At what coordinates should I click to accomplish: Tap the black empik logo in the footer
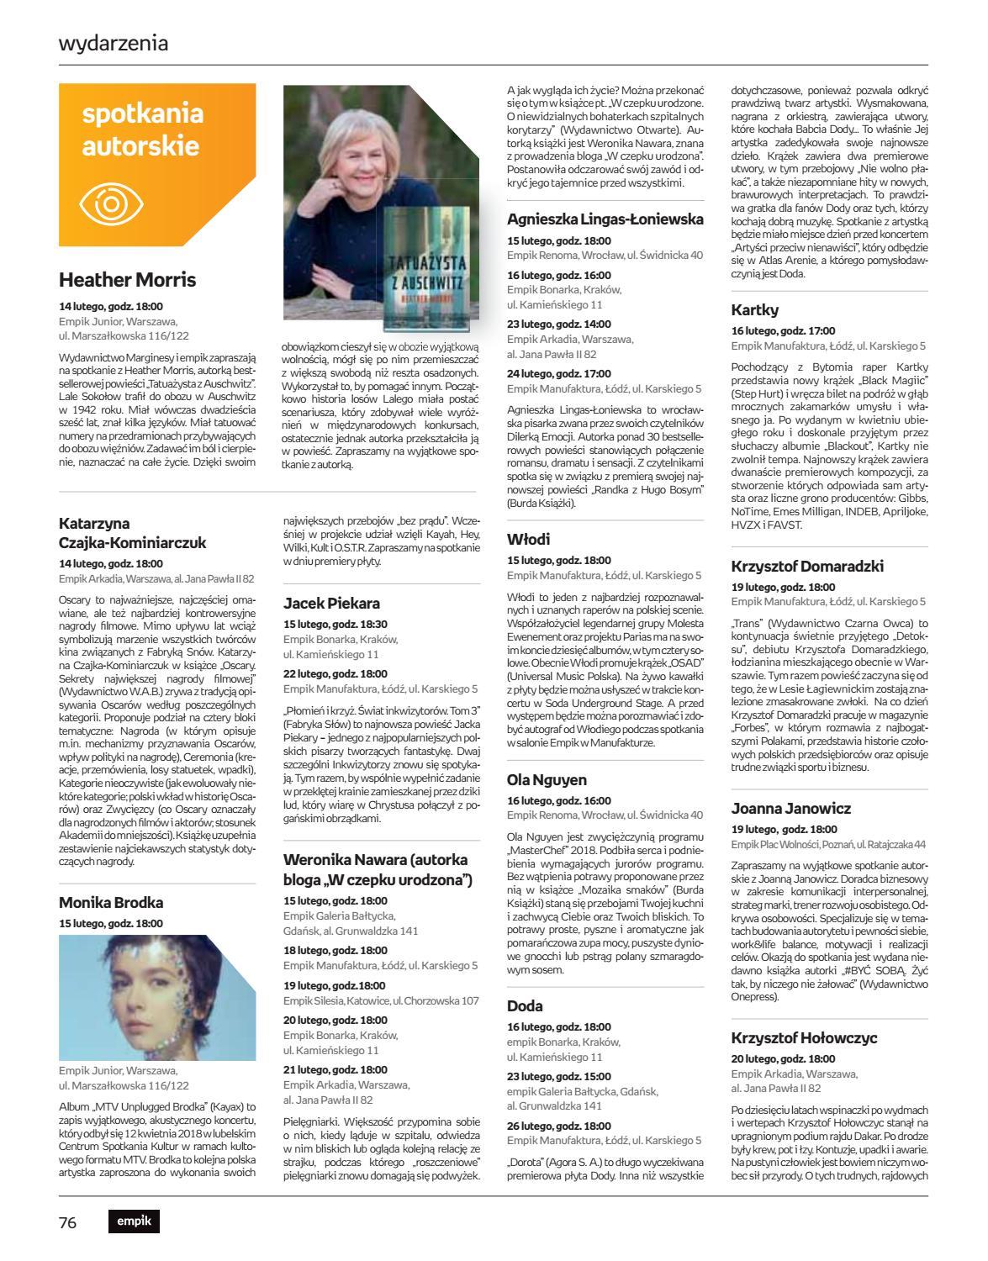[134, 1221]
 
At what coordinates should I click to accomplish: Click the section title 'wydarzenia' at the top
[114, 43]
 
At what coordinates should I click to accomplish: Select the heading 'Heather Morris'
[127, 280]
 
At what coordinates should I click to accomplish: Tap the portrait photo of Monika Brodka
[157, 997]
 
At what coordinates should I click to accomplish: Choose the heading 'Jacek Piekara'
[331, 603]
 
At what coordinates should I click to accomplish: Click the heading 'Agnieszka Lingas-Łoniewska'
[605, 219]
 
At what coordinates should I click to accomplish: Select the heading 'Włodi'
[529, 538]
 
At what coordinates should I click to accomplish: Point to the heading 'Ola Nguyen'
[547, 779]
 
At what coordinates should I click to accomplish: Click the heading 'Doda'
[525, 1005]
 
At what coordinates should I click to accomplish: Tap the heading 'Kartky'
[755, 309]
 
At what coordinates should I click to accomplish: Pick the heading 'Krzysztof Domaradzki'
[806, 566]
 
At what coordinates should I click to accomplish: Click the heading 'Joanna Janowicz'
[790, 808]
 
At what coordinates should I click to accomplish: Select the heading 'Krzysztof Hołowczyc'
[805, 1037]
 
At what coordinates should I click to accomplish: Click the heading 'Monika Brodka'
[111, 902]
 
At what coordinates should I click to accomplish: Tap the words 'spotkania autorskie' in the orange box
[142, 129]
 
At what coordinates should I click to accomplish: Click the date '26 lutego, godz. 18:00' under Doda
[558, 1126]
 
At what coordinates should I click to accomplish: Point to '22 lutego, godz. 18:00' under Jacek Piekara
[335, 673]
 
